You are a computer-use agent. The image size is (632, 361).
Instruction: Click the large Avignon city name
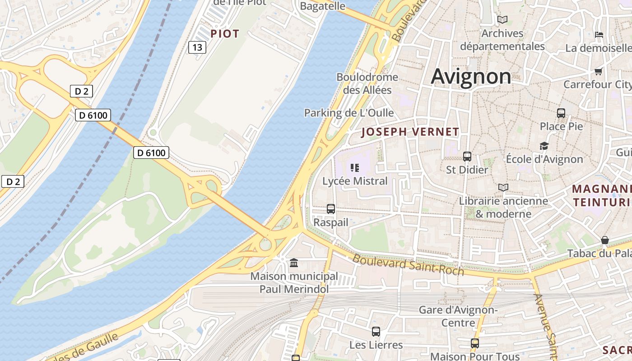click(471, 76)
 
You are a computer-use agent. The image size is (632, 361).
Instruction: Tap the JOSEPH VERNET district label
click(410, 132)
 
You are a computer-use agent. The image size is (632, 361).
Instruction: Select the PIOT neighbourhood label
click(225, 34)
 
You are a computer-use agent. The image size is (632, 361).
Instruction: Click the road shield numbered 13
click(197, 47)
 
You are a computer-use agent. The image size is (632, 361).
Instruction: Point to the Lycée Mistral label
click(355, 181)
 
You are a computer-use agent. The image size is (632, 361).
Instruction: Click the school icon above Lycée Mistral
click(355, 168)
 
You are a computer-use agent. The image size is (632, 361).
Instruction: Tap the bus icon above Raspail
click(331, 209)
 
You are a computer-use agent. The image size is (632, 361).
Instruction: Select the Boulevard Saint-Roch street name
click(408, 265)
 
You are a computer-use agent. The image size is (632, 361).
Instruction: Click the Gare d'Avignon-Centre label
click(458, 316)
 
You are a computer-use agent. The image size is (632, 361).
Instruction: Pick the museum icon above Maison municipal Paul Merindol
click(294, 263)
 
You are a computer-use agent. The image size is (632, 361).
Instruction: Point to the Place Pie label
click(561, 126)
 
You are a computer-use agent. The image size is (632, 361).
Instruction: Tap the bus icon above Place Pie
click(561, 113)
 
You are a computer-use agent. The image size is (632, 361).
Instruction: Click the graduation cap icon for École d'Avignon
click(544, 146)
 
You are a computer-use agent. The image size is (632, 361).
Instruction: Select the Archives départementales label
click(502, 40)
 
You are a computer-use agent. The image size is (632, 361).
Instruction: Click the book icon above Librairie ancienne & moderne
click(503, 187)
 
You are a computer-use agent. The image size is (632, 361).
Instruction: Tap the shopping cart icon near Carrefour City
click(599, 71)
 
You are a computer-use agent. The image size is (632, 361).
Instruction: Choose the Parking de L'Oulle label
click(349, 113)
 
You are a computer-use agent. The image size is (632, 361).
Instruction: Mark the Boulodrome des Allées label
click(367, 83)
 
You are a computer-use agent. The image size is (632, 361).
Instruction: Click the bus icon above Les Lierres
click(376, 332)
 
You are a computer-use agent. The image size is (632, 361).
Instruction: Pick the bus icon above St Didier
click(467, 157)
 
